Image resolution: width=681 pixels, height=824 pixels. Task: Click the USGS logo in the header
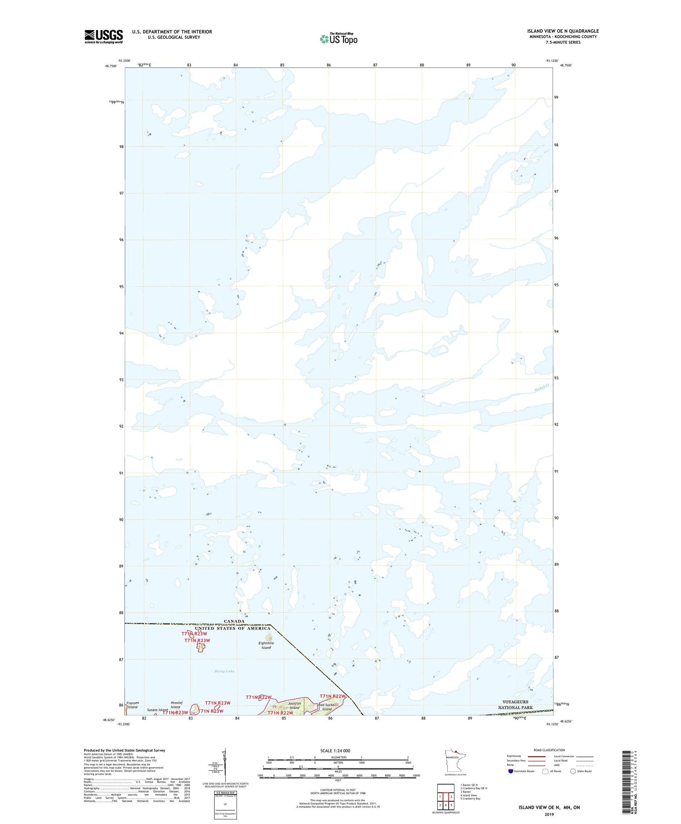point(104,36)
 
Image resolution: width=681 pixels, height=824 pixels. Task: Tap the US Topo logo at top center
point(339,39)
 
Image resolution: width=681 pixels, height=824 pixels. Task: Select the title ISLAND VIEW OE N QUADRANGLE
point(563,31)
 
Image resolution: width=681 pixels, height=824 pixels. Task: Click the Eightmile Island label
point(266,645)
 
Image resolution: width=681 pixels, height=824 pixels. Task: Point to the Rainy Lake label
point(224,671)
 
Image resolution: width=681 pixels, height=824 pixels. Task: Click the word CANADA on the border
point(234,621)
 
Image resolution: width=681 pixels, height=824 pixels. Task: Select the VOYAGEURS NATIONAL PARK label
point(515,705)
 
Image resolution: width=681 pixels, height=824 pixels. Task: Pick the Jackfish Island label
point(294,706)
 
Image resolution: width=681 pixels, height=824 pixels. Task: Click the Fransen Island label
point(133,705)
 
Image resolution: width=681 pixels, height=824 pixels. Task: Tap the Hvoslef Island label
point(176,705)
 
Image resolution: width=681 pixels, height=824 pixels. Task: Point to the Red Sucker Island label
point(327,707)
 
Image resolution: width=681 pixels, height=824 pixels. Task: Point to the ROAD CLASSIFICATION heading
point(549,750)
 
